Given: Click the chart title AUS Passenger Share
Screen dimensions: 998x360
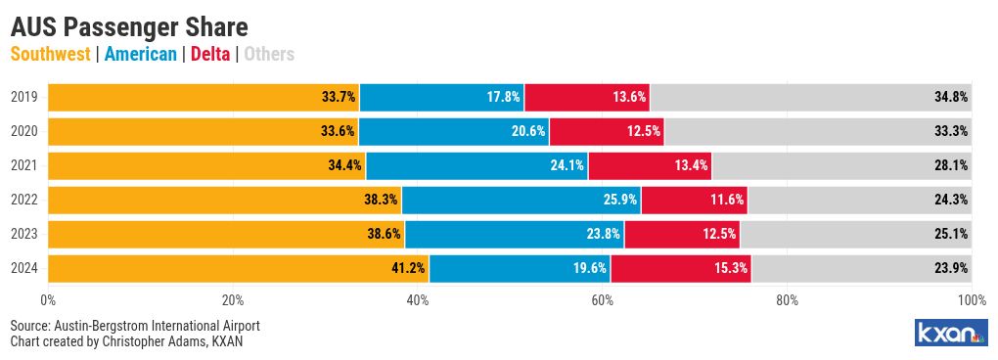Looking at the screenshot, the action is [x=129, y=28].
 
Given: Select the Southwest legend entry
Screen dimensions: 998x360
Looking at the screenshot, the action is [x=50, y=54].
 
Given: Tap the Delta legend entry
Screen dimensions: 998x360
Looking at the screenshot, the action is [x=208, y=54].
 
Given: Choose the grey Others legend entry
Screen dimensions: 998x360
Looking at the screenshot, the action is [x=269, y=54].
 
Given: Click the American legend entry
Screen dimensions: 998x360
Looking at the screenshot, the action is [x=140, y=54].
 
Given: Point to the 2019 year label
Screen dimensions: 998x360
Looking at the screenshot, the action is [x=24, y=97].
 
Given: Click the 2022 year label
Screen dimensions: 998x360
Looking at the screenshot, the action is [x=24, y=200].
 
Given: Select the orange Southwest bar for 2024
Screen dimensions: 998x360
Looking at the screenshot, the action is [x=239, y=268].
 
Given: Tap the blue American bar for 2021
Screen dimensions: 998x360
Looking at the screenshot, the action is [x=476, y=165].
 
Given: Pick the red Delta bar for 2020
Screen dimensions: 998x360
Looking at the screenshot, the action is [x=607, y=132].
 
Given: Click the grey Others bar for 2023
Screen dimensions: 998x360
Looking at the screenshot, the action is [x=855, y=234].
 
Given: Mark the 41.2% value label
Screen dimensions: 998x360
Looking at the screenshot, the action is [x=408, y=268].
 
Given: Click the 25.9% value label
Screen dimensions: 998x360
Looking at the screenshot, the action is [x=620, y=200].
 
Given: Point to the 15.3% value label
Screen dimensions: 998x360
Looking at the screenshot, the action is [x=730, y=268].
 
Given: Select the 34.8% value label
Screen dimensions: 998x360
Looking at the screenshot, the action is [x=951, y=97].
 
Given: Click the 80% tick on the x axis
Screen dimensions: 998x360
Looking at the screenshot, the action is [x=788, y=300].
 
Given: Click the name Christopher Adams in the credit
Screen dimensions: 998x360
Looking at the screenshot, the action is [x=161, y=341].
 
